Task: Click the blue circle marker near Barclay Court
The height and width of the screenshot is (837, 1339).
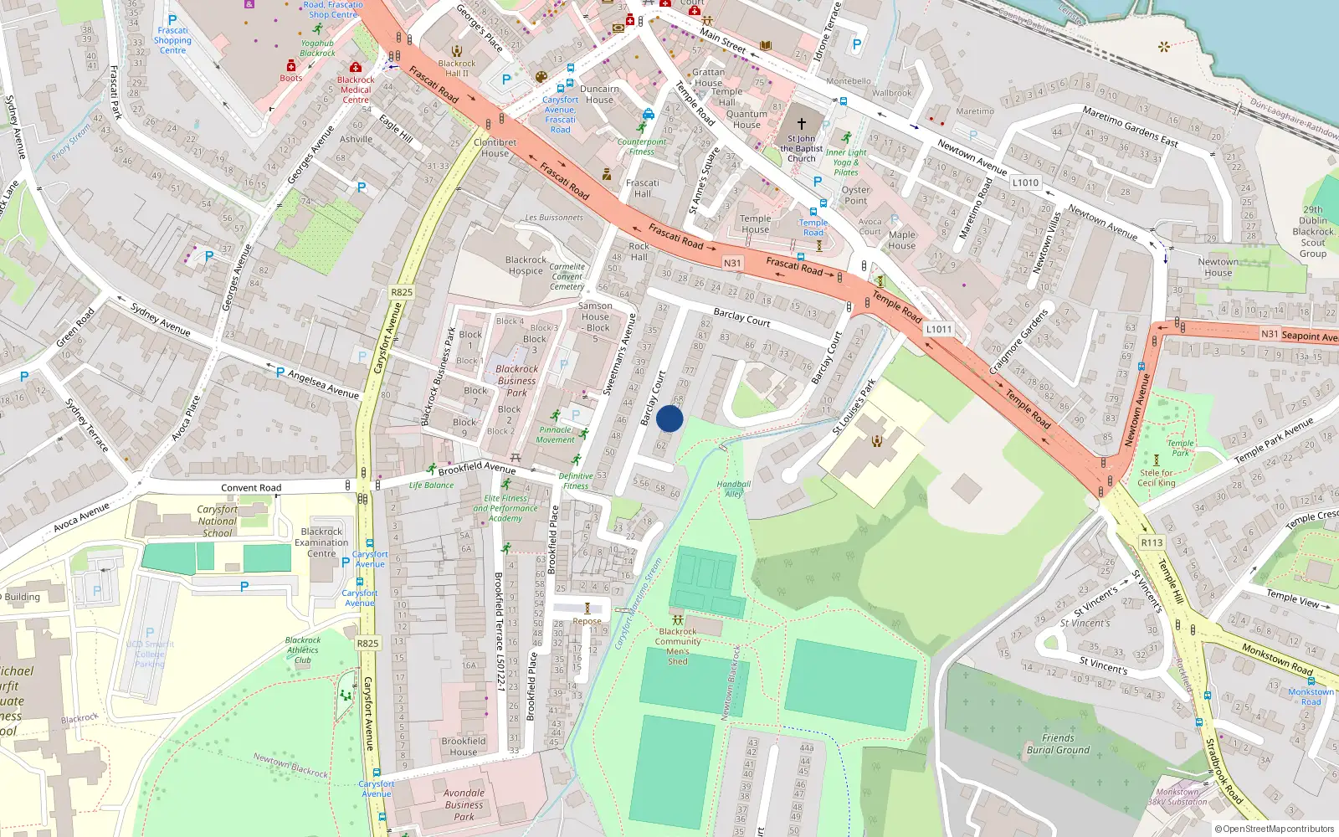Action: point(669,418)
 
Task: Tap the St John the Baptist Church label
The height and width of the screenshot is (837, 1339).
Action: point(801,148)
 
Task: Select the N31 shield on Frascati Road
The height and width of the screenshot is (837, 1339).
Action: point(732,263)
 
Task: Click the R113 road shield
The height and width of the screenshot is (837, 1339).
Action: point(1152,542)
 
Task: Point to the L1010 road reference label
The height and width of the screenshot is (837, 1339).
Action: point(1025,182)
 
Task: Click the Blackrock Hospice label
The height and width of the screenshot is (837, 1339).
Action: point(526,265)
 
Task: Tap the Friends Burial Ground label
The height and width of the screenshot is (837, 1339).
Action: point(1058,744)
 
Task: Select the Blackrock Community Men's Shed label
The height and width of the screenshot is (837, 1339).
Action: point(678,646)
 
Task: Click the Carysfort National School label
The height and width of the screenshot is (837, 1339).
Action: point(218,521)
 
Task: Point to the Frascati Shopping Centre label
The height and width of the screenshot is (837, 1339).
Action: point(173,40)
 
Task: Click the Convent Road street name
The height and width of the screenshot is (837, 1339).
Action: point(251,488)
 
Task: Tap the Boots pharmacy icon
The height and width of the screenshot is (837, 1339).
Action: point(291,66)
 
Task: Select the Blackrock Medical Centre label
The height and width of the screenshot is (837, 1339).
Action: point(356,90)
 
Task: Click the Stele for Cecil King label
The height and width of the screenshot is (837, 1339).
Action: point(1157,478)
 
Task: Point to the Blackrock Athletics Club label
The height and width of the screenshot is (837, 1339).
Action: point(303,650)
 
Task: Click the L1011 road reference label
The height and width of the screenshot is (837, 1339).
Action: point(939,329)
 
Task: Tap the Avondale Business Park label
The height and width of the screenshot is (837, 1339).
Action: point(464,804)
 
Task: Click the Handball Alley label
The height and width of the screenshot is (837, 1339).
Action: point(734,489)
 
